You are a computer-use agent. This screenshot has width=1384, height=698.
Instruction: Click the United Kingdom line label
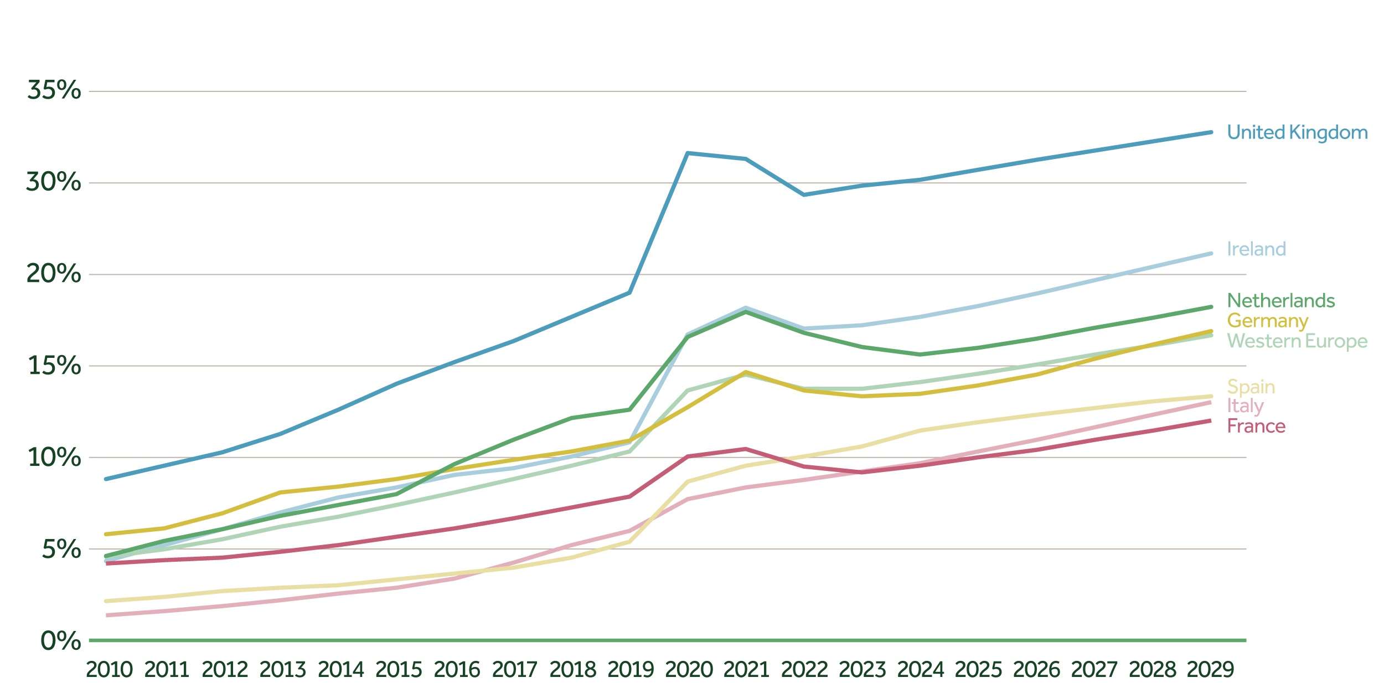[1297, 132]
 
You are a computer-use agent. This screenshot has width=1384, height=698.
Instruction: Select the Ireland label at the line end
[1256, 249]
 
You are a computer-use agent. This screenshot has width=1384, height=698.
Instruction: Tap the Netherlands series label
[1281, 301]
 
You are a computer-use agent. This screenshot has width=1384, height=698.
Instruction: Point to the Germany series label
[1268, 321]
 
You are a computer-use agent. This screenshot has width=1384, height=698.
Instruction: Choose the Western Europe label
[1297, 341]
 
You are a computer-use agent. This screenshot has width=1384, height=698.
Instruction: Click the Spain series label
[1251, 386]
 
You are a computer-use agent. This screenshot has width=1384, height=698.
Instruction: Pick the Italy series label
[1246, 406]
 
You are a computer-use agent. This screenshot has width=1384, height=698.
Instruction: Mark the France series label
[1256, 426]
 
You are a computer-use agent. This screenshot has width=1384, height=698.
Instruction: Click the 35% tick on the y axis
[54, 90]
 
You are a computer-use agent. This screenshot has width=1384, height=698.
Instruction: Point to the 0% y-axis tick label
[61, 641]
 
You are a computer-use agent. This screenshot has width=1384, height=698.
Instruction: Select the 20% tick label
[54, 274]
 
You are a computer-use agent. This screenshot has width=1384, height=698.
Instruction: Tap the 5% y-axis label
[61, 549]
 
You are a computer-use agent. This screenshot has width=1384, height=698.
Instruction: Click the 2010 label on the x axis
[109, 670]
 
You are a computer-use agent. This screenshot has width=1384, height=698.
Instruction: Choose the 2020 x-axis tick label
[689, 670]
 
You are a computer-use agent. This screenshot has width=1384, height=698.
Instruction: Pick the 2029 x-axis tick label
[1210, 670]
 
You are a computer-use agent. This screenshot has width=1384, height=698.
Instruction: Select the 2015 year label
[399, 670]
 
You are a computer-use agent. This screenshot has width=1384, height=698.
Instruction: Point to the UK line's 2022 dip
[804, 194]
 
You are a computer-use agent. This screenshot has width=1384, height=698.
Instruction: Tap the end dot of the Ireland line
[1211, 254]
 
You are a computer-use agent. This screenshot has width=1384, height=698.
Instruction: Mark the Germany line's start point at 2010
[106, 534]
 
